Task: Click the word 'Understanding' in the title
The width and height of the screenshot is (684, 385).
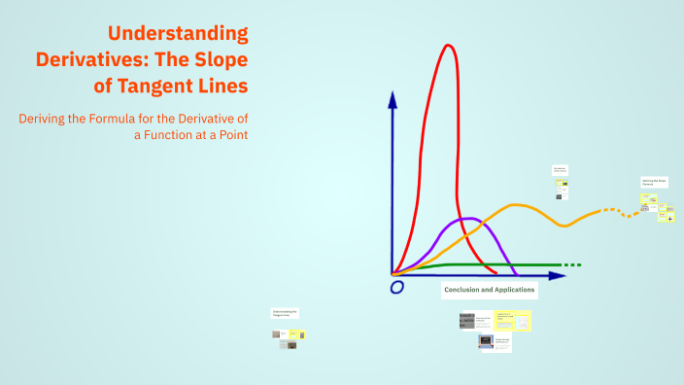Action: click(178, 33)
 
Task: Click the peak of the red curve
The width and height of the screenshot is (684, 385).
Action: click(448, 46)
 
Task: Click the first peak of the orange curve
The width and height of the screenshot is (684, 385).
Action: click(516, 205)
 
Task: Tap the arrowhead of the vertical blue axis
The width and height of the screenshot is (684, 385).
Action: click(393, 98)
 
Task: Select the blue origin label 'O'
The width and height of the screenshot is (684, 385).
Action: click(396, 288)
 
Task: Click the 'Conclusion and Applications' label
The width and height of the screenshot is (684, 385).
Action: click(489, 290)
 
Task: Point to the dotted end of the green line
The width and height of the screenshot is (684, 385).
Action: click(573, 264)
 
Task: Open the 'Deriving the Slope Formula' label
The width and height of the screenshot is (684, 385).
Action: click(653, 182)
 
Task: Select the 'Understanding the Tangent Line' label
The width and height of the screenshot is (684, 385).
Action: click(285, 313)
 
